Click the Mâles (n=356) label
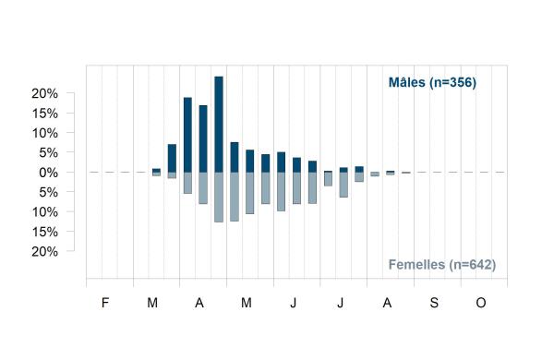click(x=432, y=82)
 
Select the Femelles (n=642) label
click(x=442, y=264)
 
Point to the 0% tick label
click(x=48, y=173)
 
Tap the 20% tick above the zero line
click(x=44, y=93)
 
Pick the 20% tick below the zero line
click(x=44, y=252)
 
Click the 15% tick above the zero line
click(x=44, y=114)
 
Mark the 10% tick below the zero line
click(x=44, y=212)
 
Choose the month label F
click(x=105, y=303)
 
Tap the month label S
click(x=434, y=303)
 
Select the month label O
click(x=481, y=303)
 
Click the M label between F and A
click(x=152, y=303)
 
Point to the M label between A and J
click(x=247, y=303)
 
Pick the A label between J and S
click(x=387, y=303)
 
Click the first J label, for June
click(x=294, y=303)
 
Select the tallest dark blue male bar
click(x=219, y=125)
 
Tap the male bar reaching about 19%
click(x=187, y=135)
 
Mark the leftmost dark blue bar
click(x=156, y=170)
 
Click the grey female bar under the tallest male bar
click(x=219, y=198)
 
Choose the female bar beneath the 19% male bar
click(x=187, y=183)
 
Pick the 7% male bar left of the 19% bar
click(x=172, y=158)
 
